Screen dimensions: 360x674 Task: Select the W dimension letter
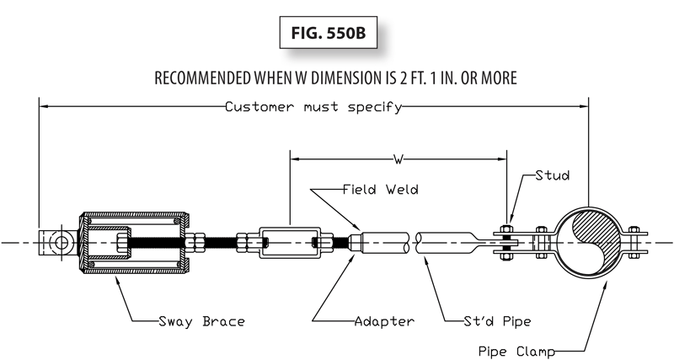click(398, 157)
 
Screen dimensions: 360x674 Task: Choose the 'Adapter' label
click(384, 320)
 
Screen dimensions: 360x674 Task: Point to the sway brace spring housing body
click(135, 243)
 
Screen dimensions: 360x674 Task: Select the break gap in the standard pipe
click(415, 243)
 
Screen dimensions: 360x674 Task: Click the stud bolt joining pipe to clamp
click(505, 243)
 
